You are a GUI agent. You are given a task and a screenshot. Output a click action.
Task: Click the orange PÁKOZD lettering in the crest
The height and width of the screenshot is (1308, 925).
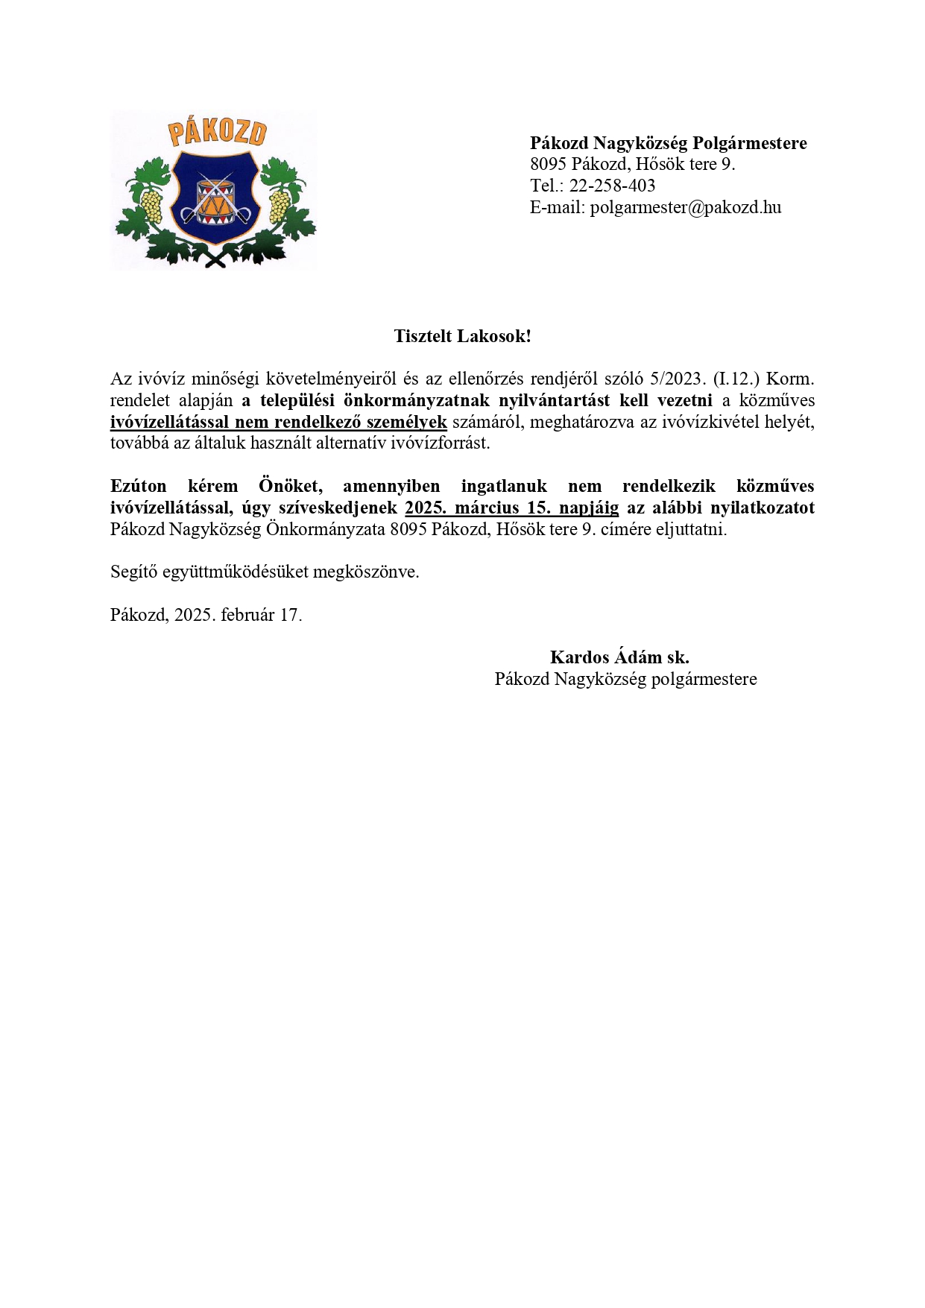coord(217,132)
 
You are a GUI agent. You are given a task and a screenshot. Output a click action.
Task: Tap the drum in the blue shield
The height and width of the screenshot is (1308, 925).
coord(215,198)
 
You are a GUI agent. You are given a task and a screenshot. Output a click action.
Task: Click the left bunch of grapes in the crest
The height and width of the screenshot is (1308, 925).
coord(152,206)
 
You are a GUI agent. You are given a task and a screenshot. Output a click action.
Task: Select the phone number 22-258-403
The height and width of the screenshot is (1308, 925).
coord(612,186)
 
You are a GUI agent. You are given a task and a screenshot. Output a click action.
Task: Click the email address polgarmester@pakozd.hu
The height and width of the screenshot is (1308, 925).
coord(686,207)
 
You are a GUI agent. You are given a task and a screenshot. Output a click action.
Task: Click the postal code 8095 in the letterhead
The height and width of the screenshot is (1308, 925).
coord(549,164)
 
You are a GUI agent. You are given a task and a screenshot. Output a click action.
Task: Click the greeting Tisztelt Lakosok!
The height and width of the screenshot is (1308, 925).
coord(462,336)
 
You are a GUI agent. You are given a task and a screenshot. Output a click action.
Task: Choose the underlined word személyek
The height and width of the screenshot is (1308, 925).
coord(412,422)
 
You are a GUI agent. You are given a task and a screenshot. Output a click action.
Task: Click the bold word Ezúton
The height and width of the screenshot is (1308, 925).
coord(139,486)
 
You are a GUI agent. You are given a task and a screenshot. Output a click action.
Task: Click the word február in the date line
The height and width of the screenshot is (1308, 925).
coord(247,615)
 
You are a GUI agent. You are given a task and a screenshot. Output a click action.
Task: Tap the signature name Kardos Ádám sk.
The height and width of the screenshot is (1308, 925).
coord(619,657)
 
